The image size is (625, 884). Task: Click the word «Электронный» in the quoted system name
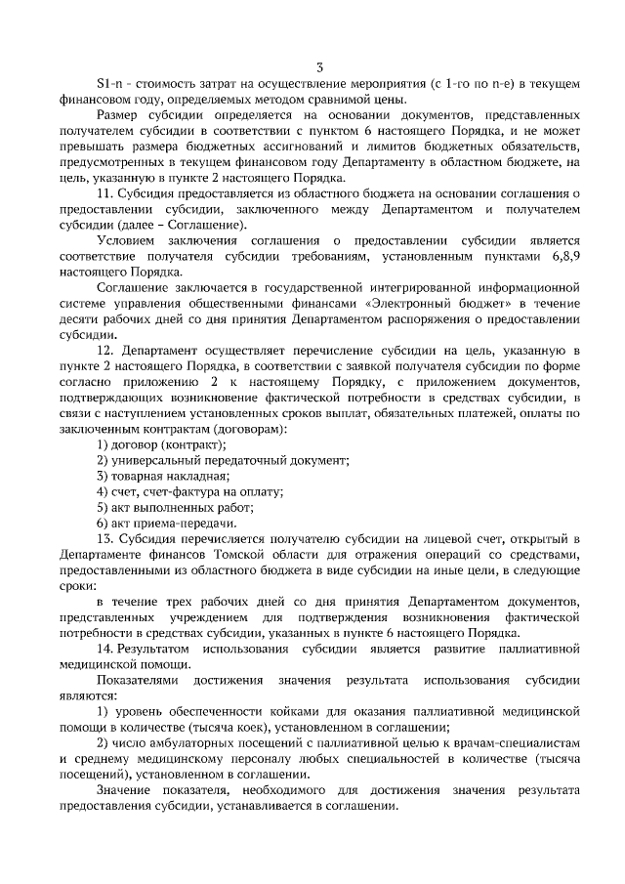tap(426, 304)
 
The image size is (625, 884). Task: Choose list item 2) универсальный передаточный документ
tap(222, 459)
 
